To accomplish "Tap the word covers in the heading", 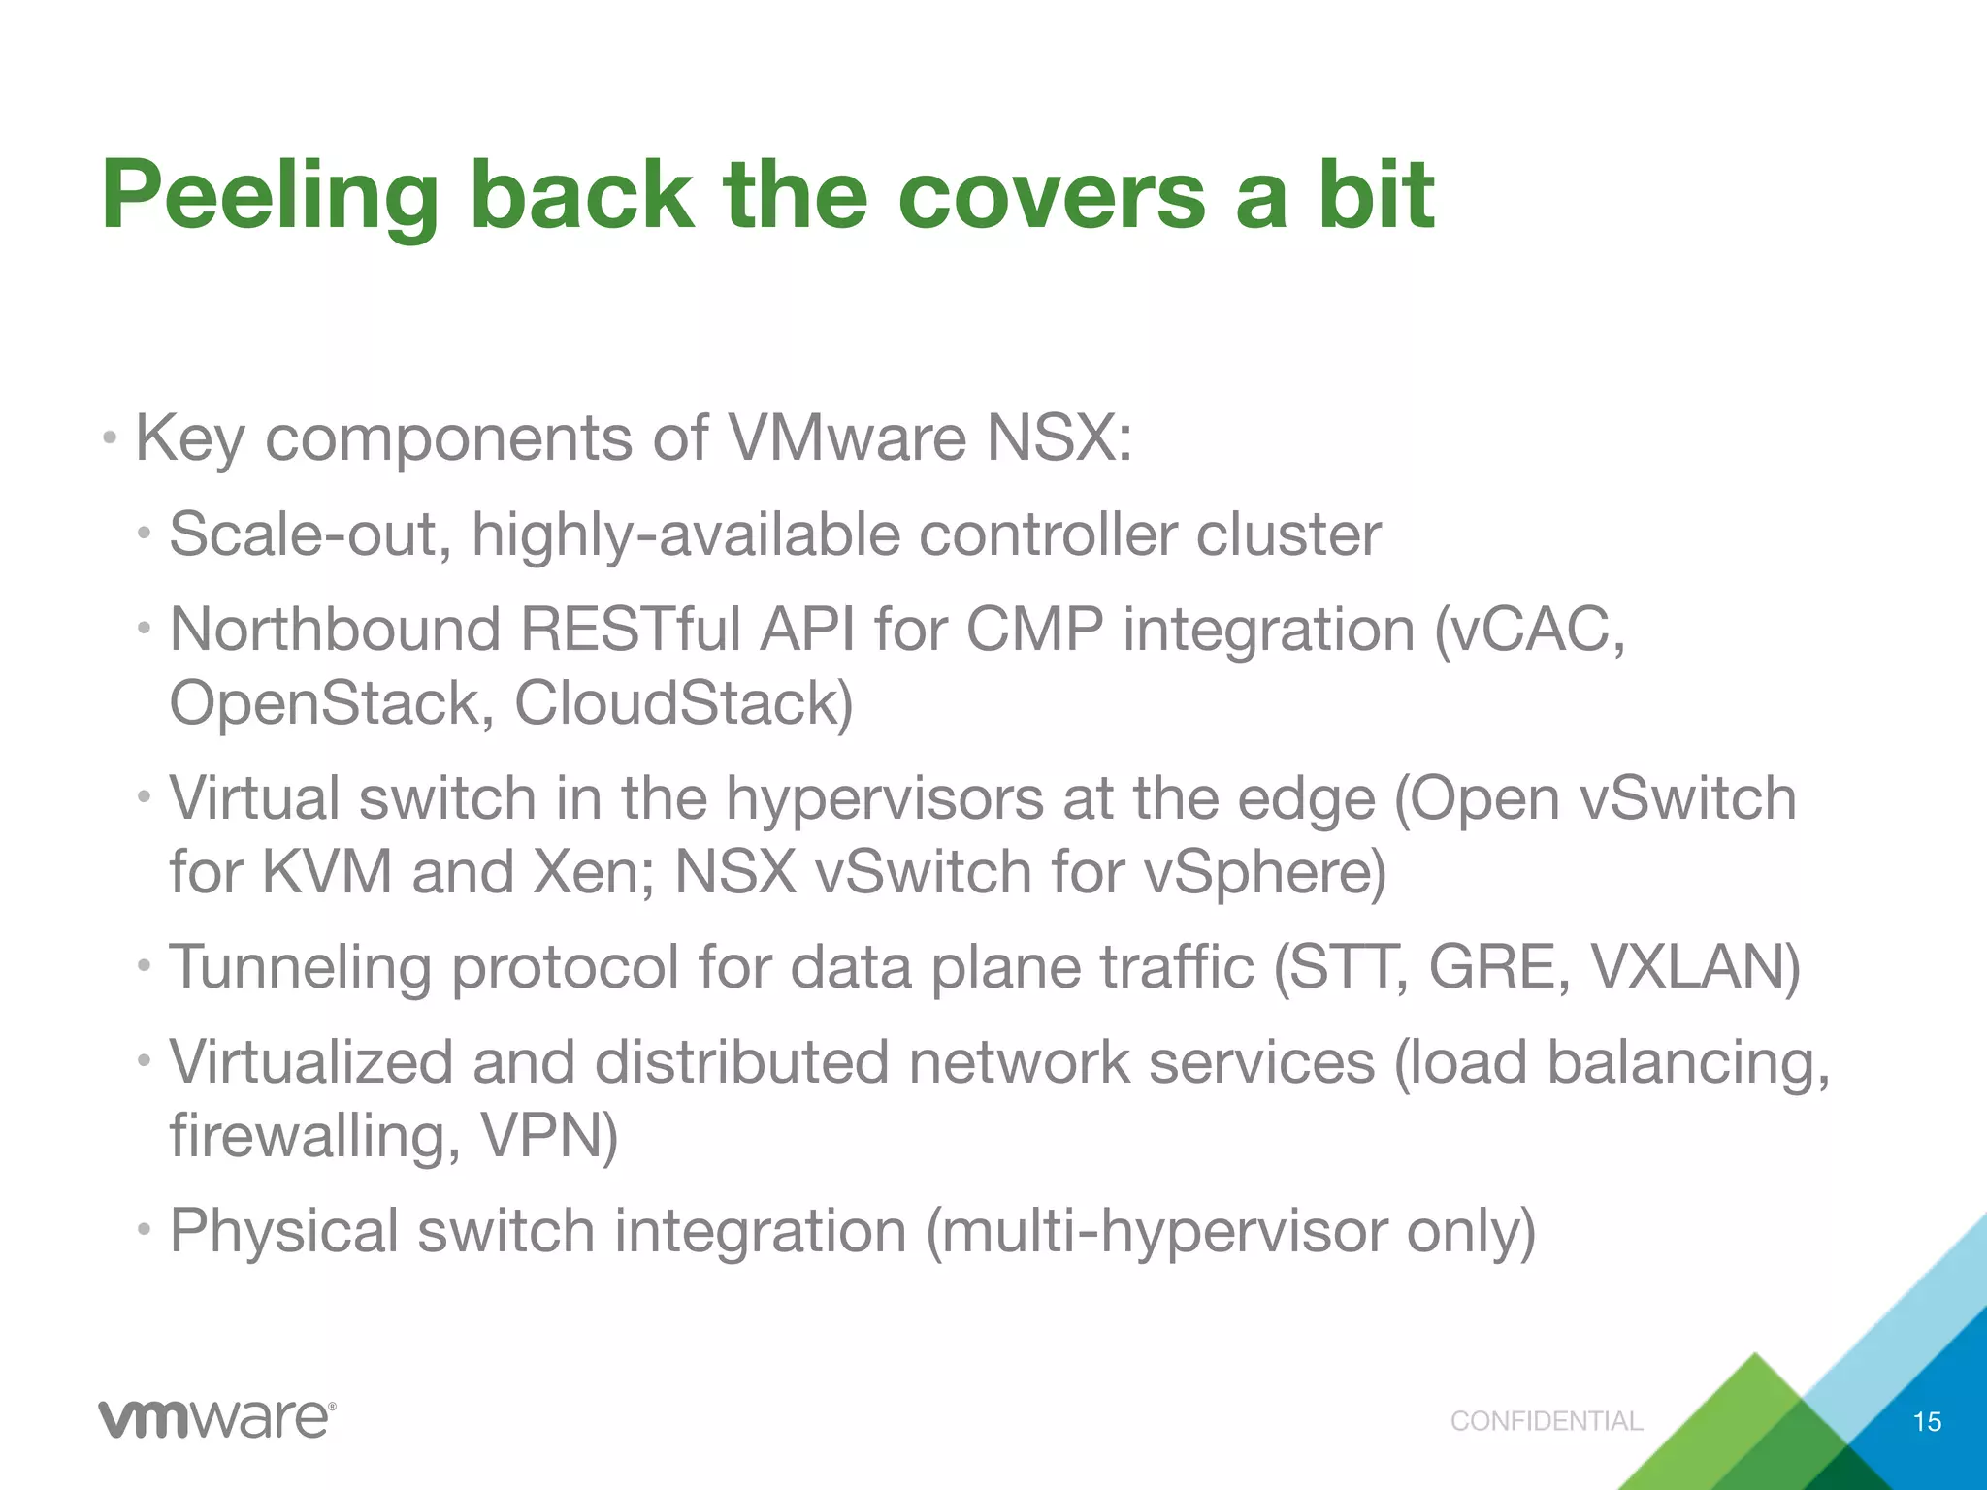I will point(1051,197).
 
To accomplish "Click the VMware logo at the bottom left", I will point(216,1420).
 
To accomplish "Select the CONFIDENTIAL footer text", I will point(1547,1421).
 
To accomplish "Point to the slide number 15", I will point(1927,1422).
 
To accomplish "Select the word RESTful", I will point(631,630).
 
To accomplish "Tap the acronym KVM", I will point(327,871).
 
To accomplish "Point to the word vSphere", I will point(1264,871).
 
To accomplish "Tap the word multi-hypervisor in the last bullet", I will point(1156,1231).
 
